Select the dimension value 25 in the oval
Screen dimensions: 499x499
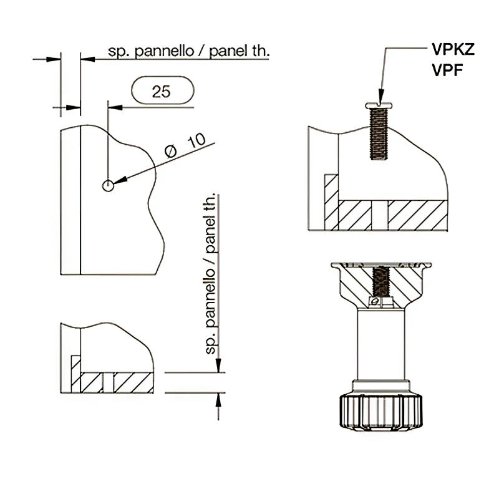[x=162, y=92]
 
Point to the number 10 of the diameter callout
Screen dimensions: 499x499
[x=196, y=139]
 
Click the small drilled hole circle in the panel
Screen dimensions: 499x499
[x=108, y=185]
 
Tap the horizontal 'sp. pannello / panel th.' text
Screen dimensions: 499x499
[x=189, y=52]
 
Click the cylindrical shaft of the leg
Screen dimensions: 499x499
[x=381, y=346]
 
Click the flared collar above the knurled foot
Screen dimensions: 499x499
[x=381, y=385]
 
